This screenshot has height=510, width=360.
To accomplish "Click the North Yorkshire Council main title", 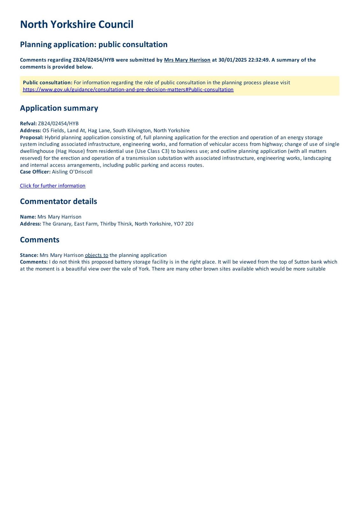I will pos(76,25).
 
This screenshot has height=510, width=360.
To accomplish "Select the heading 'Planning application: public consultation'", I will pos(94,44).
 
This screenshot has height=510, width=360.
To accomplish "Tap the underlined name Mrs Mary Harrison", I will pos(187,60).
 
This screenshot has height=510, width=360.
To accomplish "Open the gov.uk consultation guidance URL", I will pos(128,90).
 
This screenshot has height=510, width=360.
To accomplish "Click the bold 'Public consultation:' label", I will pos(47,83).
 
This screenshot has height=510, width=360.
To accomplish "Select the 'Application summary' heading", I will pos(59,108).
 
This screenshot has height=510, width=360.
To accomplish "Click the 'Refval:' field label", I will pos(28,124).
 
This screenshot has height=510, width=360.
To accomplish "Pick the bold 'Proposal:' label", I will pos(32,137).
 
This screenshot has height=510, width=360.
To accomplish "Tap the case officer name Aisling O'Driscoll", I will pos(72,172).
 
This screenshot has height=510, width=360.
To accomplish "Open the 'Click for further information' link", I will pos(53,186).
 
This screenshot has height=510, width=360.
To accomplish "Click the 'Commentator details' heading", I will pos(58,201).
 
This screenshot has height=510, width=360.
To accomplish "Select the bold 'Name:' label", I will pos(28,217).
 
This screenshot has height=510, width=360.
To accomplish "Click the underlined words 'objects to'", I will pos(97,255).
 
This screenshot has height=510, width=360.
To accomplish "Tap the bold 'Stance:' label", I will pos(29,255).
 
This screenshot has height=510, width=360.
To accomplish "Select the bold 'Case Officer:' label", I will pos(35,172).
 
